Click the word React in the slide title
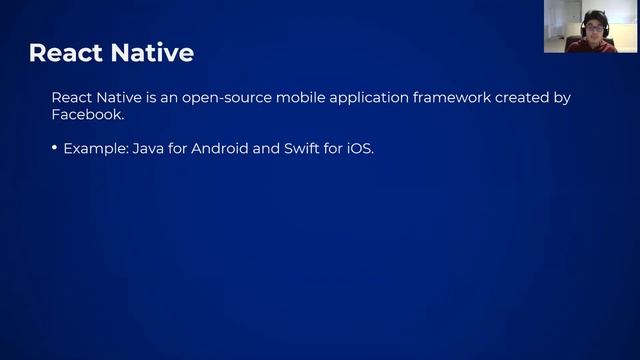(x=67, y=52)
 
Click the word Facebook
(x=88, y=115)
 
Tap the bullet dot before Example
(x=55, y=148)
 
